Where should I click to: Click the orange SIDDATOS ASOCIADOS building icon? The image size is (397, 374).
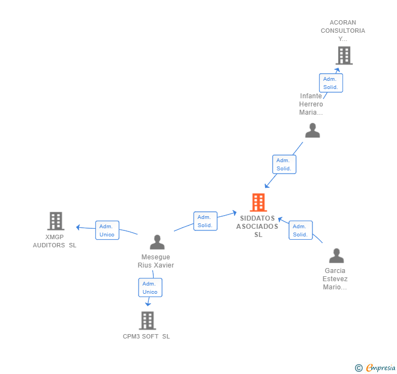pyautogui.click(x=258, y=203)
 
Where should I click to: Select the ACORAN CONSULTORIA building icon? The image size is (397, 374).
pyautogui.click(x=344, y=56)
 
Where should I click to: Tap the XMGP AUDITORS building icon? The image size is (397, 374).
pyautogui.click(x=56, y=221)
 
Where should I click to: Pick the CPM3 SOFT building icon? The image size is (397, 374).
pyautogui.click(x=147, y=320)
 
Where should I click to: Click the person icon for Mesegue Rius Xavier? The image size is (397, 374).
pyautogui.click(x=157, y=242)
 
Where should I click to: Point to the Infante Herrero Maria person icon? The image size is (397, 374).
pyautogui.click(x=312, y=130)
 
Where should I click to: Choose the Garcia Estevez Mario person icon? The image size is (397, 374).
pyautogui.click(x=336, y=256)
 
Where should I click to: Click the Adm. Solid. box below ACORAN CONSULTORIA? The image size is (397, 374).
pyautogui.click(x=330, y=83)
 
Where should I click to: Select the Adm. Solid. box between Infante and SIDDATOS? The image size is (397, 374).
pyautogui.click(x=284, y=164)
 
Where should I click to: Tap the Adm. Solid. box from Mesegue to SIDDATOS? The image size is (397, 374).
pyautogui.click(x=205, y=221)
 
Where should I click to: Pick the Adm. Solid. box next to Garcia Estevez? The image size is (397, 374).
pyautogui.click(x=300, y=230)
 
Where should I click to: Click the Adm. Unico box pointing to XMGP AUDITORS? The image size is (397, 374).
pyautogui.click(x=107, y=230)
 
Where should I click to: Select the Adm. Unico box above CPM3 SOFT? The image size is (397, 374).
pyautogui.click(x=150, y=288)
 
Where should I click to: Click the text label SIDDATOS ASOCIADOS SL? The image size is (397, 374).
pyautogui.click(x=257, y=227)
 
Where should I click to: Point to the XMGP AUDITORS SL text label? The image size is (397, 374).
pyautogui.click(x=55, y=241)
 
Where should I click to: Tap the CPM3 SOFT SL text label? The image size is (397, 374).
pyautogui.click(x=146, y=336)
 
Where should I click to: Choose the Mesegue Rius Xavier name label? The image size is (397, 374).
pyautogui.click(x=156, y=261)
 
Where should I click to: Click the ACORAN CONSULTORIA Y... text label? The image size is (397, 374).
pyautogui.click(x=342, y=31)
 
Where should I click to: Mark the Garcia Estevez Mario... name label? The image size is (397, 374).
pyautogui.click(x=335, y=278)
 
